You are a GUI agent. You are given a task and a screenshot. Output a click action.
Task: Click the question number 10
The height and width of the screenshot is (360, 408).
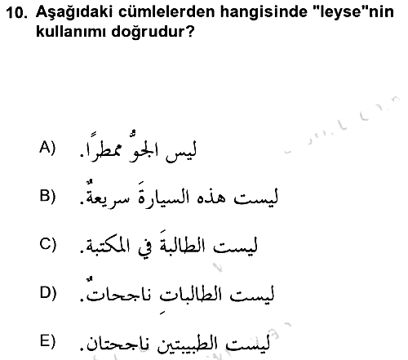(x=16, y=13)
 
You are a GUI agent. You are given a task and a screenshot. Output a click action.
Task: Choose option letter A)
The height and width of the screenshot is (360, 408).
(x=47, y=148)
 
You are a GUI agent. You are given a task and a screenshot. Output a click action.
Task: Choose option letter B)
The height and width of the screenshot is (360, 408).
(x=47, y=196)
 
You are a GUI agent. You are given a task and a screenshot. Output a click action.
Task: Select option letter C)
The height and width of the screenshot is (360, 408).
(x=47, y=244)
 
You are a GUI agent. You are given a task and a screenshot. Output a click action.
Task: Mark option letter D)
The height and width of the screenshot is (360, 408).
(x=48, y=293)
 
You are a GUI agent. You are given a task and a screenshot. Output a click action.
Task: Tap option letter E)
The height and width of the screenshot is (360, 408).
(x=47, y=341)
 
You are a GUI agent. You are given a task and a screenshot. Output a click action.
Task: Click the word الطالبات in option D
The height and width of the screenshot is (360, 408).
(x=190, y=295)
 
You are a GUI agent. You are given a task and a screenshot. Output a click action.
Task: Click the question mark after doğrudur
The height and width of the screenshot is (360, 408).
(x=190, y=32)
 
